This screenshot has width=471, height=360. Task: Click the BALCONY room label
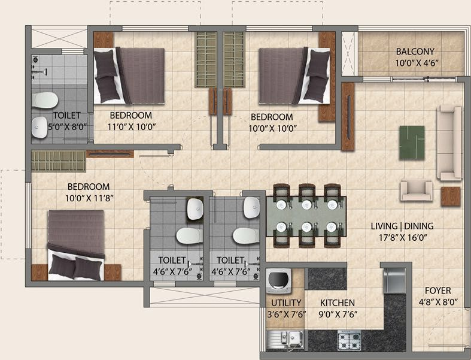[414, 52]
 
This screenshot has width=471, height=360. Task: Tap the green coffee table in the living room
[412, 142]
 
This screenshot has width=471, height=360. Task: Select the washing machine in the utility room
[278, 282]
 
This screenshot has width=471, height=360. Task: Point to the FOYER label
[439, 292]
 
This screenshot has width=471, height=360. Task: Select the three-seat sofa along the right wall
[448, 143]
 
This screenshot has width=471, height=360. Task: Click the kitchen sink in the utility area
[285, 340]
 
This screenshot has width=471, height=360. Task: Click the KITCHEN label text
[338, 303]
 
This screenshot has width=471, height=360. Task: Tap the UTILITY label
[286, 303]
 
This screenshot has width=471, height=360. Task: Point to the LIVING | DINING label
[402, 226]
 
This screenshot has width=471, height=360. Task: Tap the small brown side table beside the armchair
[450, 196]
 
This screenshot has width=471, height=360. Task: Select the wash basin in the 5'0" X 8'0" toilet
[41, 125]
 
